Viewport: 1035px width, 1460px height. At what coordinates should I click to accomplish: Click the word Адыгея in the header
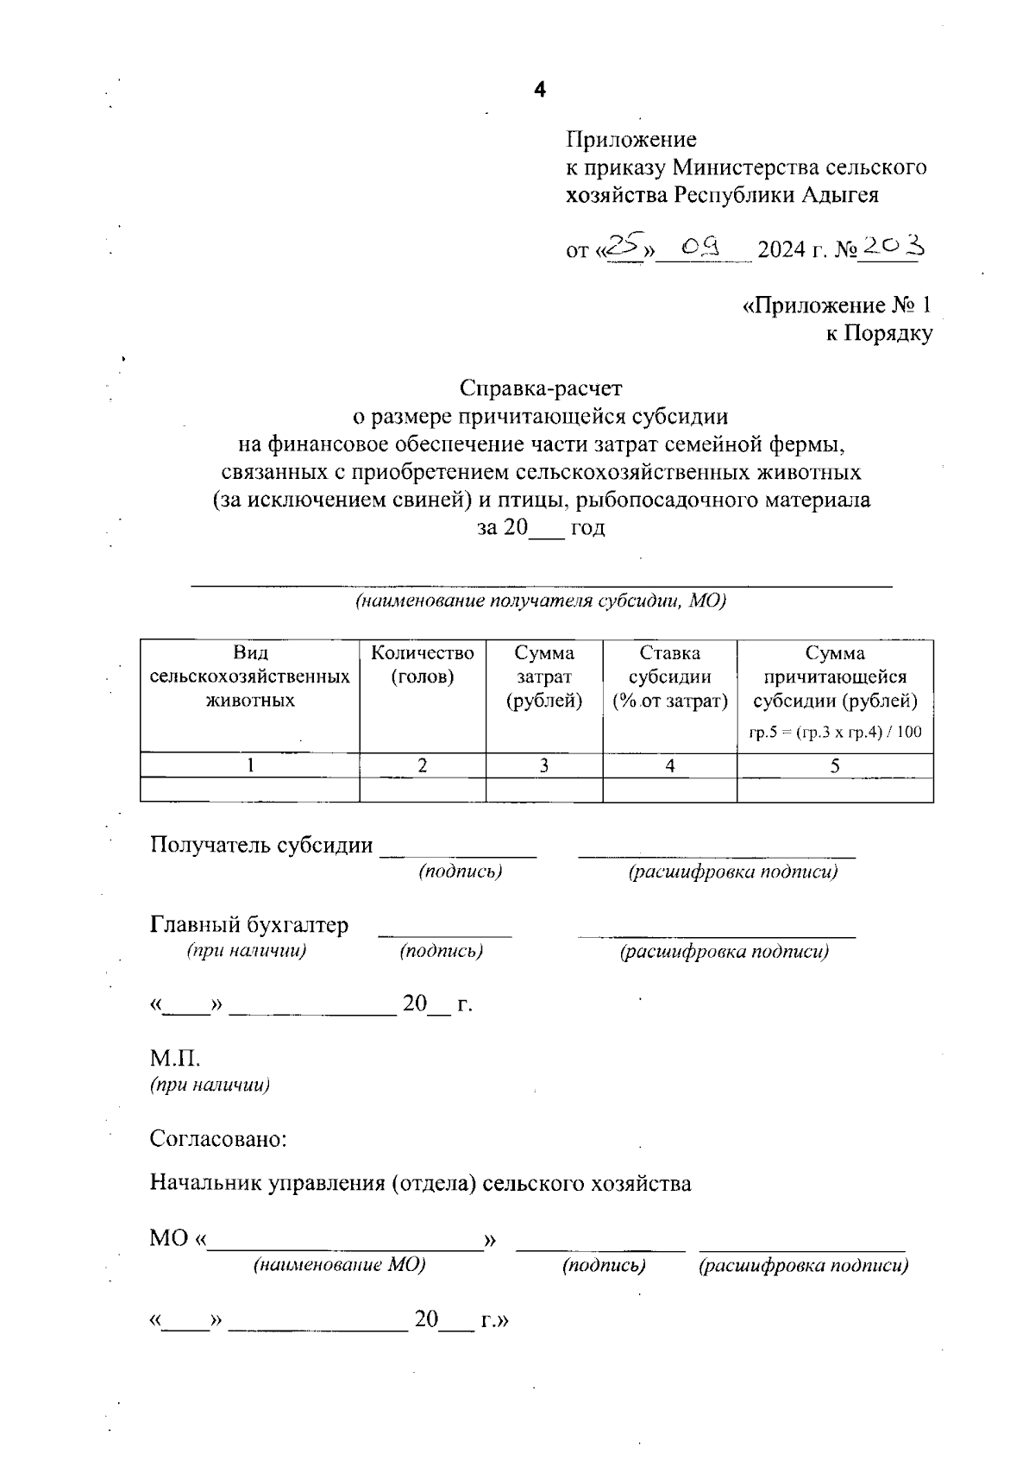840,195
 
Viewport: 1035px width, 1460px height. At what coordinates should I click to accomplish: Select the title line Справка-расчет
541,387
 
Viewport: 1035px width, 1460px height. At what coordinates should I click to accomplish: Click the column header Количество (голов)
423,664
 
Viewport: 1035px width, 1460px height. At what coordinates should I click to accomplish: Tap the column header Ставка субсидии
669,677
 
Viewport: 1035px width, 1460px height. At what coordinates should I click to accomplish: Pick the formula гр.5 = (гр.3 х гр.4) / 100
835,733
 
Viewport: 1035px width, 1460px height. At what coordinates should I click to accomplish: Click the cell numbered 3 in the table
544,765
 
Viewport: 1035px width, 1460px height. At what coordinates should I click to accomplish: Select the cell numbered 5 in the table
835,765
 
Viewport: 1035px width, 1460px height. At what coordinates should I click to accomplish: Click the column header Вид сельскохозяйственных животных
250,677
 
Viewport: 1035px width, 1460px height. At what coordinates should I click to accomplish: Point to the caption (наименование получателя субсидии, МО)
541,601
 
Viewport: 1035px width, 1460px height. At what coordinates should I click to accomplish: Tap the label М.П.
175,1058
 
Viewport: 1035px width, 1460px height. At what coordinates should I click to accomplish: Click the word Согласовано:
218,1138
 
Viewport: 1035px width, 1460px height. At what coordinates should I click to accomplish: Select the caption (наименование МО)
339,1265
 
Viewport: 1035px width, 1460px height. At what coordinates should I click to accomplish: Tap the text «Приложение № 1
837,305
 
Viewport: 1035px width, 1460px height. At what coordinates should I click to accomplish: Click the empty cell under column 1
250,790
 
